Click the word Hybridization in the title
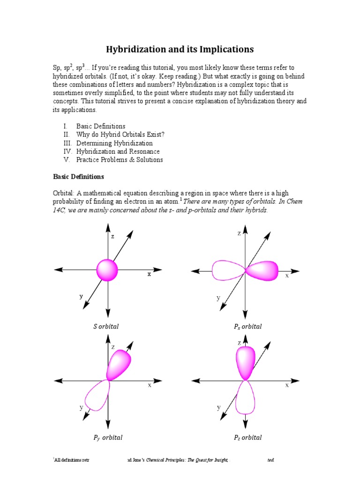click(x=134, y=49)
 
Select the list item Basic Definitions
click(x=101, y=126)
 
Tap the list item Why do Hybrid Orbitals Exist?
click(x=120, y=135)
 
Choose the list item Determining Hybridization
click(x=114, y=143)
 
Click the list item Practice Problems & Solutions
click(x=120, y=160)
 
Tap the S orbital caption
click(x=106, y=326)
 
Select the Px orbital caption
click(x=248, y=326)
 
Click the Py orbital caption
click(x=108, y=437)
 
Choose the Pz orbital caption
click(x=248, y=437)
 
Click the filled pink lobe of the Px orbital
click(x=262, y=271)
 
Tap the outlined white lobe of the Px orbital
click(x=228, y=270)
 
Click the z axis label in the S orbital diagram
click(x=112, y=237)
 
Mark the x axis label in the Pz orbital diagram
click(x=287, y=385)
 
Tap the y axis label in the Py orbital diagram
click(x=81, y=408)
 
